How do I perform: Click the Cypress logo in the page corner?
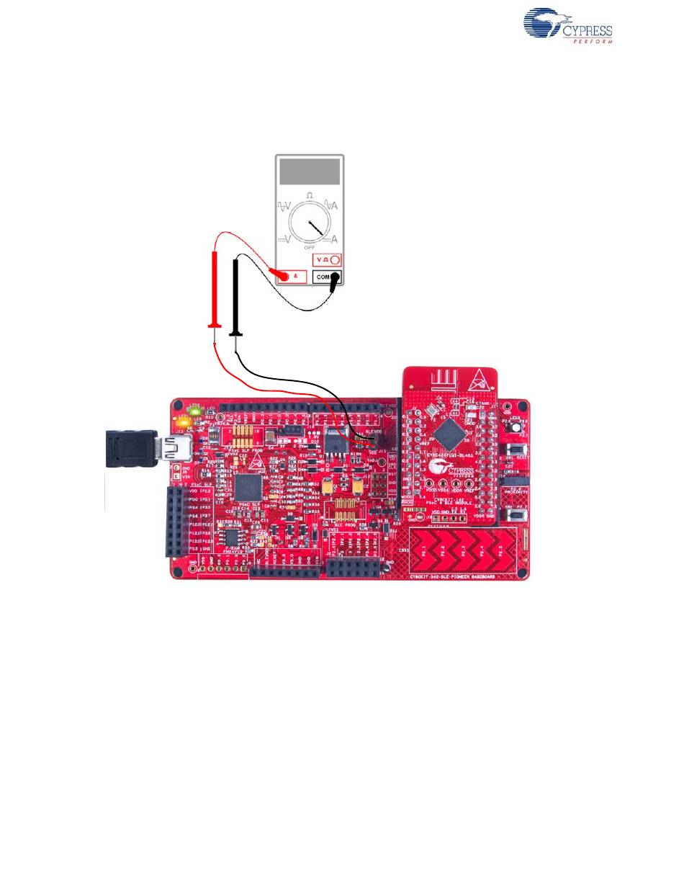567,27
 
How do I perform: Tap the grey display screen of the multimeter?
310,172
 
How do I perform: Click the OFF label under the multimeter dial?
310,247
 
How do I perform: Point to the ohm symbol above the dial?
310,195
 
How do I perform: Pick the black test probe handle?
236,295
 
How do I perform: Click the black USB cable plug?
130,448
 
